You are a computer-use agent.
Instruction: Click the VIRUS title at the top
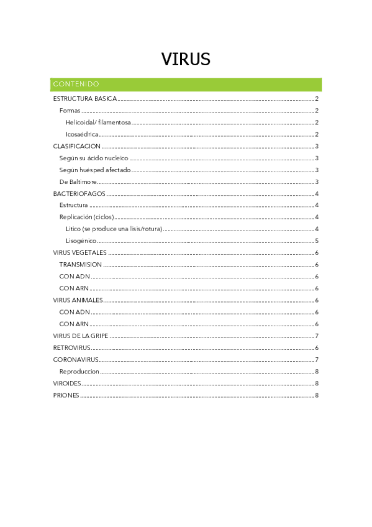[186, 59]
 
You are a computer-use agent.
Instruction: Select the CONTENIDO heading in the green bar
[76, 84]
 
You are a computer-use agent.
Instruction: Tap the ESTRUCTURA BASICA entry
[84, 99]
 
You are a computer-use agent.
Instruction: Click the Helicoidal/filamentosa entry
[98, 122]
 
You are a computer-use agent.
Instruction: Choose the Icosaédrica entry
[83, 134]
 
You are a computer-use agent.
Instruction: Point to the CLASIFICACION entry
[76, 147]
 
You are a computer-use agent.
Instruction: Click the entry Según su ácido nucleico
[94, 158]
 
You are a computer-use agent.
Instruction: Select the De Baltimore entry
[78, 182]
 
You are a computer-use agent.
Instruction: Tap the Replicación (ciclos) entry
[86, 217]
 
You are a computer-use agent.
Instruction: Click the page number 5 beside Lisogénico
[317, 241]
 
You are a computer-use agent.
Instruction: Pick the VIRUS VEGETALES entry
[80, 253]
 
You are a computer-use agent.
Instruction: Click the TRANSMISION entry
[80, 265]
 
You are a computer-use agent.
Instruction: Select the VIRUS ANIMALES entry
[78, 300]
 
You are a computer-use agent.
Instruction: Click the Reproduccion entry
[79, 372]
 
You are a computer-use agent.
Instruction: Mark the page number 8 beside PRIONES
[317, 395]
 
